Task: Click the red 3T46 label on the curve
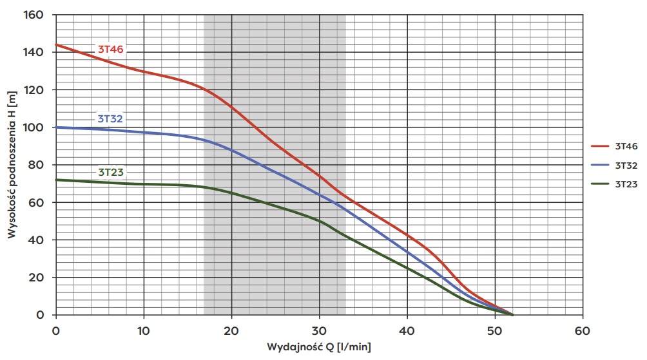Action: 111,49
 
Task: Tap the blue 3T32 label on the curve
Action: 110,118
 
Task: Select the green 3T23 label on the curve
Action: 111,172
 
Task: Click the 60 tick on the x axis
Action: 583,330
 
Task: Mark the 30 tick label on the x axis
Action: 319,330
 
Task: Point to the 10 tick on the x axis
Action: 144,330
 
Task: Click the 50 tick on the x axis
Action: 495,330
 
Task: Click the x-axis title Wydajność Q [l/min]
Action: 319,347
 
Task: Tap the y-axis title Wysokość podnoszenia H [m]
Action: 12,164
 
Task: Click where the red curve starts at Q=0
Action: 57,45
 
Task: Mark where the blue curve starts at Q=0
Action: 57,127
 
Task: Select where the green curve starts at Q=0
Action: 57,180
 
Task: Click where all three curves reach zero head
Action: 513,315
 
